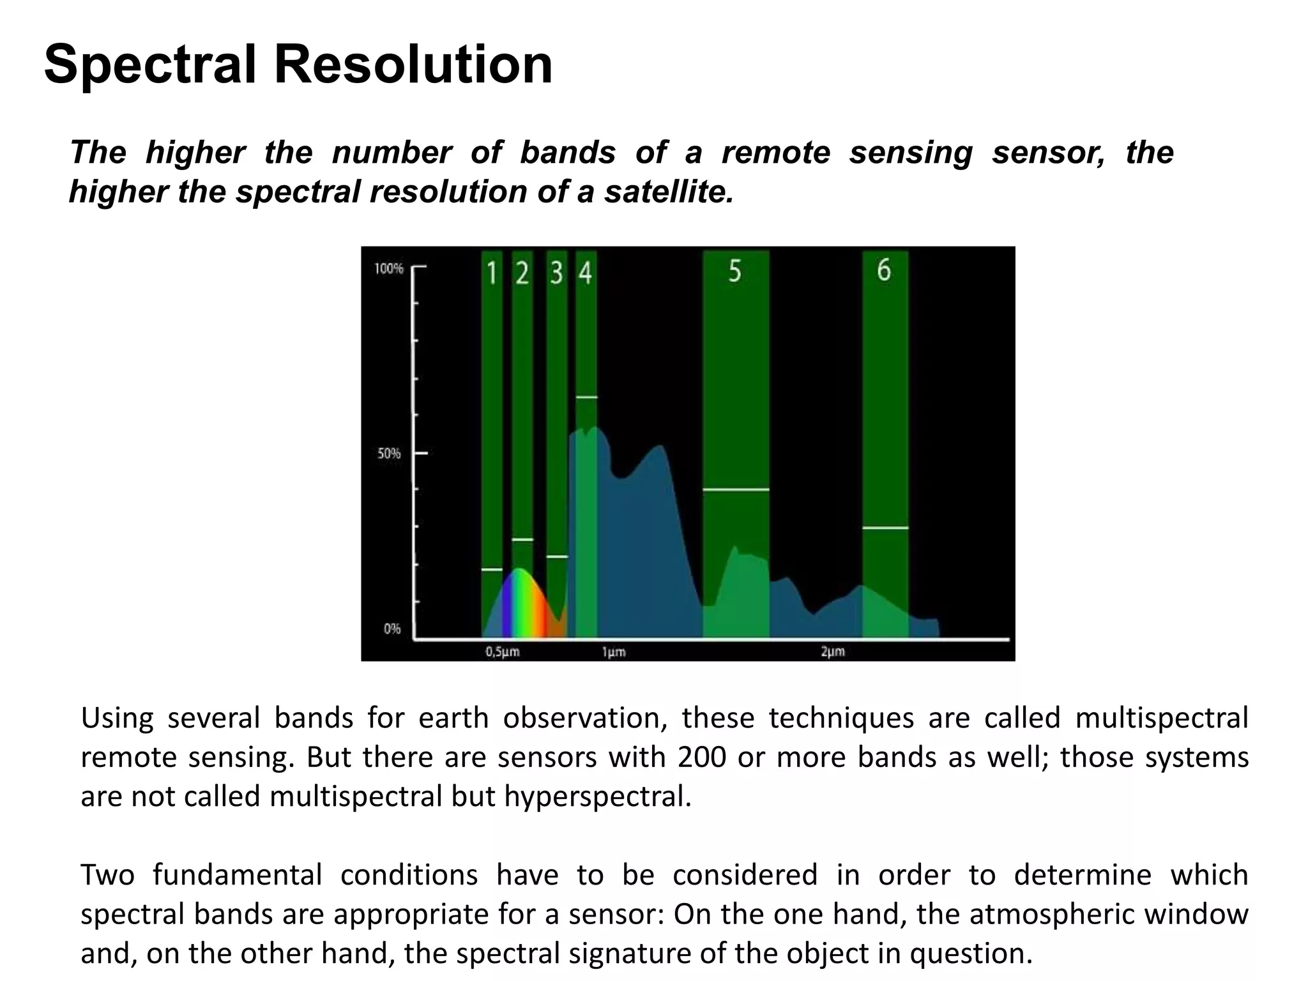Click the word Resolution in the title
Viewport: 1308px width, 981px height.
click(413, 65)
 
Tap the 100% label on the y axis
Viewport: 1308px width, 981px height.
click(388, 269)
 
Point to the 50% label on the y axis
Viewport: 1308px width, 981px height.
click(389, 454)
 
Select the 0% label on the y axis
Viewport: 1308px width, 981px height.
click(392, 629)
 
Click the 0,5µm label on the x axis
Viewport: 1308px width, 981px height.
click(503, 652)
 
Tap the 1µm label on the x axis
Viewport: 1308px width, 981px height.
click(613, 652)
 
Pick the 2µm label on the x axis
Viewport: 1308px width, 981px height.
click(833, 652)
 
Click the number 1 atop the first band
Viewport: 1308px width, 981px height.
click(492, 273)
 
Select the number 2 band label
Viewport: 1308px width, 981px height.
click(522, 273)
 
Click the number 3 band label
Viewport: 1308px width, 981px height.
click(556, 273)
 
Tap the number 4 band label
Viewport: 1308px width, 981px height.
click(586, 273)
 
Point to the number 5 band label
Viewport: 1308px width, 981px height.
click(735, 271)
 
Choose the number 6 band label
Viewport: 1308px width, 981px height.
click(884, 270)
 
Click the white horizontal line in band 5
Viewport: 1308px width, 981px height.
click(736, 490)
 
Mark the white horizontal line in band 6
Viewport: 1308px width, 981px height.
click(885, 528)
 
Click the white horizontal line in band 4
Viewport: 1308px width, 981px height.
click(586, 397)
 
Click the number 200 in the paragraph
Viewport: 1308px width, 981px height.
click(702, 757)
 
